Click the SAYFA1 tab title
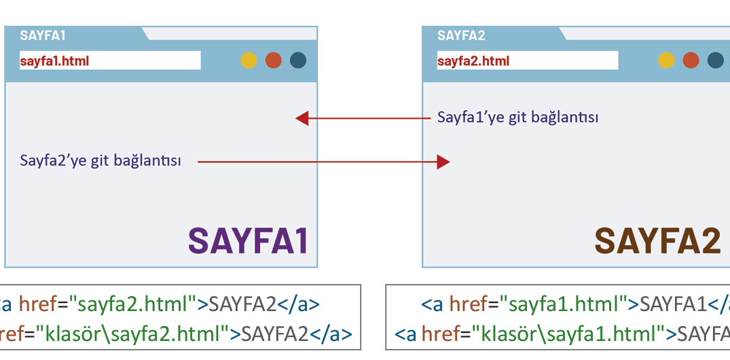click(43, 35)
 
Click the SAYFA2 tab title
click(461, 35)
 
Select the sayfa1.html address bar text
click(54, 61)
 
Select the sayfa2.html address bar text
click(473, 61)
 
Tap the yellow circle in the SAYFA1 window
click(249, 60)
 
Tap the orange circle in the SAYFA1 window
click(273, 60)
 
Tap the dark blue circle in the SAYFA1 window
click(298, 60)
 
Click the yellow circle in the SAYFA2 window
click(666, 60)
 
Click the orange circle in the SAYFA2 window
click(691, 60)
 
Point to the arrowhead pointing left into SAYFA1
click(302, 118)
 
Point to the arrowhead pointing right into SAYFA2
click(443, 162)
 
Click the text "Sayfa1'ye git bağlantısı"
click(517, 117)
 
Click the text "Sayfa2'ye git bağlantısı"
click(101, 161)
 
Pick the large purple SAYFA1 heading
click(249, 240)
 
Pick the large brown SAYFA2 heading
click(657, 240)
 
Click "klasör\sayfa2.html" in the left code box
click(132, 334)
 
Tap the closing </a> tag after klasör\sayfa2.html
click(335, 334)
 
